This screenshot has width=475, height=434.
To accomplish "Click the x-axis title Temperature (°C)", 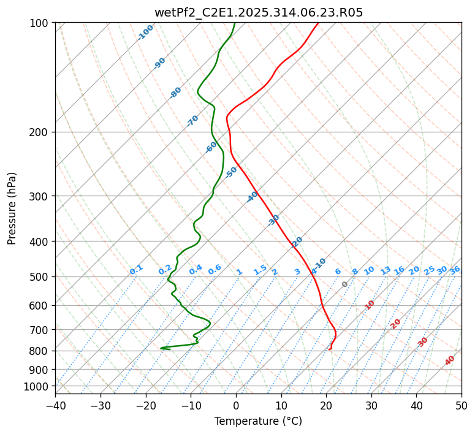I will coord(258,421).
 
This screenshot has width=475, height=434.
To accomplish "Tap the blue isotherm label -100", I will coord(145,32).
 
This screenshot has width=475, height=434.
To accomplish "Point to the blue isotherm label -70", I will coord(192,121).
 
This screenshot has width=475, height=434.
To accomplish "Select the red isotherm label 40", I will coord(450,360).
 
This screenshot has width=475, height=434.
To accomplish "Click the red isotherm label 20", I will coord(396,323).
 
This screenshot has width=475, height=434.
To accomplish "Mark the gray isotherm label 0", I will coord(345,284).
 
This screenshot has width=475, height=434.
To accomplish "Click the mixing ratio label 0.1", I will coord(136,270).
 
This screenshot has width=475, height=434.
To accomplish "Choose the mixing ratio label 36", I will coord(455,270).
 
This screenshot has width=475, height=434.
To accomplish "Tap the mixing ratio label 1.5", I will coord(260,270).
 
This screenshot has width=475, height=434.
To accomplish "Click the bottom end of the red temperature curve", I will coord(329,349).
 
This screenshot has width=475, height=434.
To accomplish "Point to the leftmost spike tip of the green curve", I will coord(161,348).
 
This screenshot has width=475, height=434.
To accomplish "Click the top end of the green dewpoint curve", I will coord(235,23).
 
